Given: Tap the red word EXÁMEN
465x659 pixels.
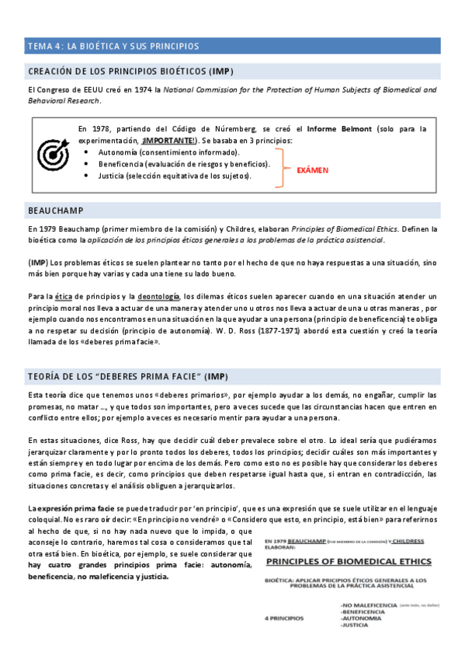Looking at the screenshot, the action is tap(313, 169).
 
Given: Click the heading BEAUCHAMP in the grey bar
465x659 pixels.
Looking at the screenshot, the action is tap(55, 211).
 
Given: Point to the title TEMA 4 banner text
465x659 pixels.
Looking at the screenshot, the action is tap(113, 47).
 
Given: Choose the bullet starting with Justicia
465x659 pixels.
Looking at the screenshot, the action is tap(175, 176).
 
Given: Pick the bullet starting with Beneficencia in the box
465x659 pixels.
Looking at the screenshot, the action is tap(184, 164).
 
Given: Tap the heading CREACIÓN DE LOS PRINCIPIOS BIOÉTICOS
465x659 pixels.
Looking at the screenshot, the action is tap(130, 71).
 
